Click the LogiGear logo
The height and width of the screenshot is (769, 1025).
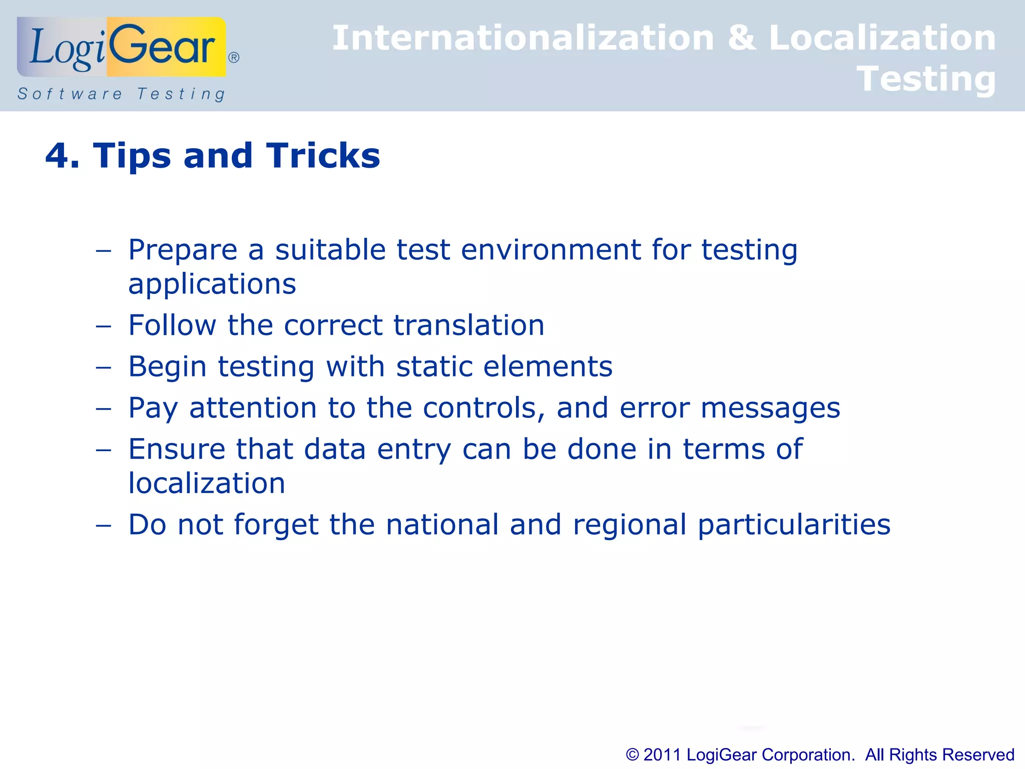pyautogui.click(x=122, y=47)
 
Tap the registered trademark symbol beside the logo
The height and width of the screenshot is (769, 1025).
pyautogui.click(x=234, y=58)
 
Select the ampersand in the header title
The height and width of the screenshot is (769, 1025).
pyautogui.click(x=742, y=38)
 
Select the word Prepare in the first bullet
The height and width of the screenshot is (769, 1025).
pyautogui.click(x=183, y=250)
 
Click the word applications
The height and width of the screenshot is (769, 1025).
pyautogui.click(x=212, y=284)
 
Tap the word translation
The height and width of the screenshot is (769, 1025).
pyautogui.click(x=469, y=325)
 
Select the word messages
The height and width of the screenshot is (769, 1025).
pyautogui.click(x=770, y=408)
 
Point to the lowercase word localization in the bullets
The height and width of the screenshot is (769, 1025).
pyautogui.click(x=207, y=484)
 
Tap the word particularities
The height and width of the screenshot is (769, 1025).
pyautogui.click(x=794, y=525)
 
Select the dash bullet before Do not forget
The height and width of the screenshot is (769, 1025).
pyautogui.click(x=103, y=526)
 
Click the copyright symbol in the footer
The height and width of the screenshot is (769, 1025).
pyautogui.click(x=633, y=754)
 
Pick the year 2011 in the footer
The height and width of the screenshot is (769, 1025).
pyautogui.click(x=662, y=754)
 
